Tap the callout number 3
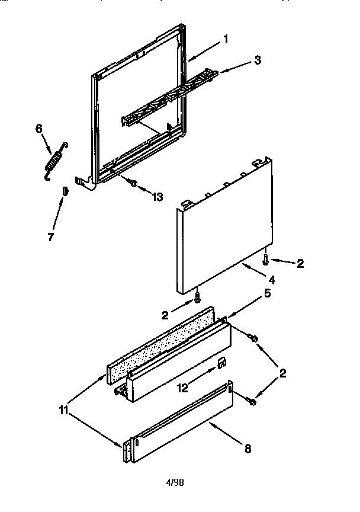coord(258,59)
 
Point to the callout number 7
coord(51,237)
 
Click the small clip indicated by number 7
coord(66,190)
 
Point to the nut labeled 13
coord(135,184)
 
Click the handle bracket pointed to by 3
coord(172,98)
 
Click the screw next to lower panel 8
coord(253,402)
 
